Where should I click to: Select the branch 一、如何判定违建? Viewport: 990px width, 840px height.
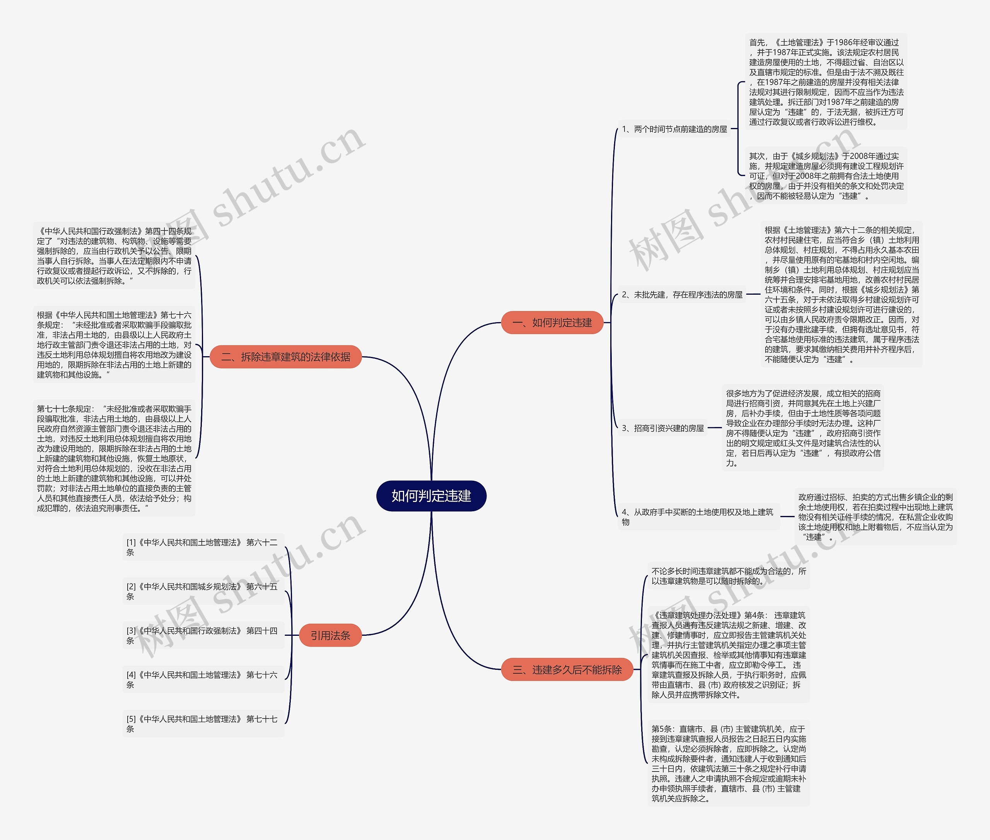click(x=552, y=323)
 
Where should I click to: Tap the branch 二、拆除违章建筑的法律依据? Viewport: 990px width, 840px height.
click(x=286, y=357)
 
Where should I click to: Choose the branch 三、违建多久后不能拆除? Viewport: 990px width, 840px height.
click(x=567, y=669)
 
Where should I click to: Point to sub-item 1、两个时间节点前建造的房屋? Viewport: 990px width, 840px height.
click(x=674, y=129)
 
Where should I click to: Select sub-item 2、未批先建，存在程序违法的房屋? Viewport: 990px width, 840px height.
click(x=682, y=295)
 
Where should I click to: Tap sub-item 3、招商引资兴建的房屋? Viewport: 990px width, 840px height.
click(x=662, y=428)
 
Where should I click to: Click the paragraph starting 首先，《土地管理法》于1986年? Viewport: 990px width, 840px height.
click(x=826, y=82)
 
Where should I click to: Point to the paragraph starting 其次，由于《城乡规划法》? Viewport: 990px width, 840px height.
click(x=826, y=176)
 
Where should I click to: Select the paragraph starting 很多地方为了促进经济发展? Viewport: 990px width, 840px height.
click(x=803, y=428)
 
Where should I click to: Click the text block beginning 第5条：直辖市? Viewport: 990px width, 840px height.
click(x=729, y=763)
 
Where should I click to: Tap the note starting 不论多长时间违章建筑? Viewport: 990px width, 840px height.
click(x=729, y=576)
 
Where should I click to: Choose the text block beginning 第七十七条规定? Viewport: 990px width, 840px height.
click(x=114, y=458)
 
